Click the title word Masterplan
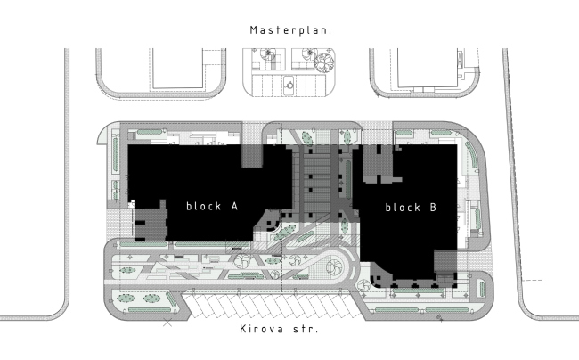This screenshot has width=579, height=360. point(290,30)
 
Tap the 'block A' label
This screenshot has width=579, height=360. point(212,206)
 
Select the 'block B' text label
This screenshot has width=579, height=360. point(411,207)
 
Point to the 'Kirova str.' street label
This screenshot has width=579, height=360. point(279,329)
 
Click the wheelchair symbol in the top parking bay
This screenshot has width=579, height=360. point(289,84)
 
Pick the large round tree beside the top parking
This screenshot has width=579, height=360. point(324,62)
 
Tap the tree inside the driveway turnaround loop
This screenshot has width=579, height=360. point(333,267)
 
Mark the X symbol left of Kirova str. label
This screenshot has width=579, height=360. point(167,323)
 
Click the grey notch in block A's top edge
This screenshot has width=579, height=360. point(252,156)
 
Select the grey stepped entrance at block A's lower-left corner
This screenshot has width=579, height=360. point(150,222)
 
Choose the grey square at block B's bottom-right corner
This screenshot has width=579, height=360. point(445,261)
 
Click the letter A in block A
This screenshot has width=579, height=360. point(234,206)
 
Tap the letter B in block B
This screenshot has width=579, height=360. point(433,207)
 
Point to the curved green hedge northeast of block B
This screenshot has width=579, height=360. point(472,155)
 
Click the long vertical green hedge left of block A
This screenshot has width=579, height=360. point(116,155)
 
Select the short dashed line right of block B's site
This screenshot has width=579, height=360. point(533,280)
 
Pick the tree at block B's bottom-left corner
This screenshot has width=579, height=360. point(363,286)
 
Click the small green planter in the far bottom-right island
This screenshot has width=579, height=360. point(482,289)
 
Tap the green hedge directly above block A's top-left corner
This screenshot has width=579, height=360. point(150,132)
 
